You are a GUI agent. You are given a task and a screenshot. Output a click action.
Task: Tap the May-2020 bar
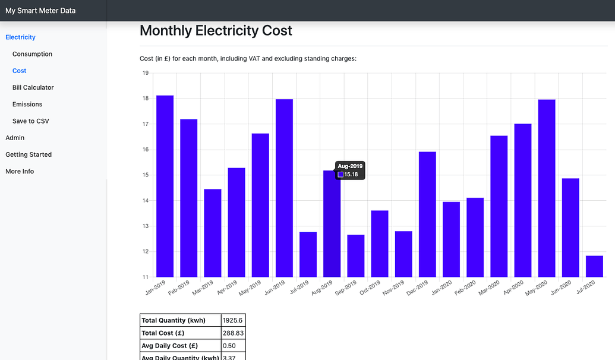pyautogui.click(x=547, y=188)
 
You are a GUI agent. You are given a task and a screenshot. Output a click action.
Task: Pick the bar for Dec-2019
pyautogui.click(x=427, y=214)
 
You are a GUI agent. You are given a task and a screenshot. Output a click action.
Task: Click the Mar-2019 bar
pyautogui.click(x=213, y=233)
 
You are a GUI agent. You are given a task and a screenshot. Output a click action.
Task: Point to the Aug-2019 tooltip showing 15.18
pyautogui.click(x=350, y=170)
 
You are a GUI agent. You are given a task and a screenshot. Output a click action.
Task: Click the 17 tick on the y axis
pyautogui.click(x=144, y=124)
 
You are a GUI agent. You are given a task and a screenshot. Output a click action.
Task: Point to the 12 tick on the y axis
pyautogui.click(x=144, y=252)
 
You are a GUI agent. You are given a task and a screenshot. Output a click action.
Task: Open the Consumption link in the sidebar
pyautogui.click(x=32, y=54)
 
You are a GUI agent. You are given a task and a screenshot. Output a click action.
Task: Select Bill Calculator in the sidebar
pyautogui.click(x=33, y=87)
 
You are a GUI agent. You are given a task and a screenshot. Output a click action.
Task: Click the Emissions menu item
pyautogui.click(x=28, y=104)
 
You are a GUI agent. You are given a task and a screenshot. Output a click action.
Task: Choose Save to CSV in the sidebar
pyautogui.click(x=30, y=121)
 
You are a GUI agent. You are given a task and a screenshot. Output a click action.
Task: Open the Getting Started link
pyautogui.click(x=29, y=154)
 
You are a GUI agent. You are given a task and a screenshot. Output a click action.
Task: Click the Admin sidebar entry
pyautogui.click(x=15, y=138)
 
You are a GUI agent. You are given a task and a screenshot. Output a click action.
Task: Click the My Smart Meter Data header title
pyautogui.click(x=40, y=11)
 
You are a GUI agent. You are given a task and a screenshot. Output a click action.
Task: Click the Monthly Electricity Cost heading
pyautogui.click(x=216, y=31)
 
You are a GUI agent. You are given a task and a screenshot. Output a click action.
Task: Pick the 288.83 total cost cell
pyautogui.click(x=232, y=333)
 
